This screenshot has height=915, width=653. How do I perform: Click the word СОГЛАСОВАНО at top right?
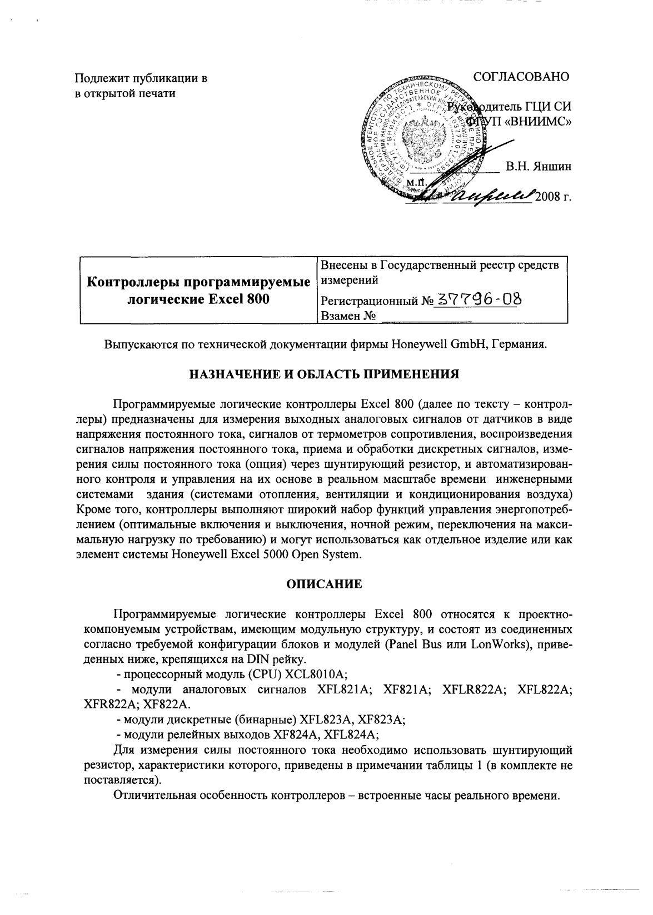(521, 77)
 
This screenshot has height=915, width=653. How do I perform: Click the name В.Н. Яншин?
(537, 166)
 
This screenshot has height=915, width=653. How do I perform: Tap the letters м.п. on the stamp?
(416, 182)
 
